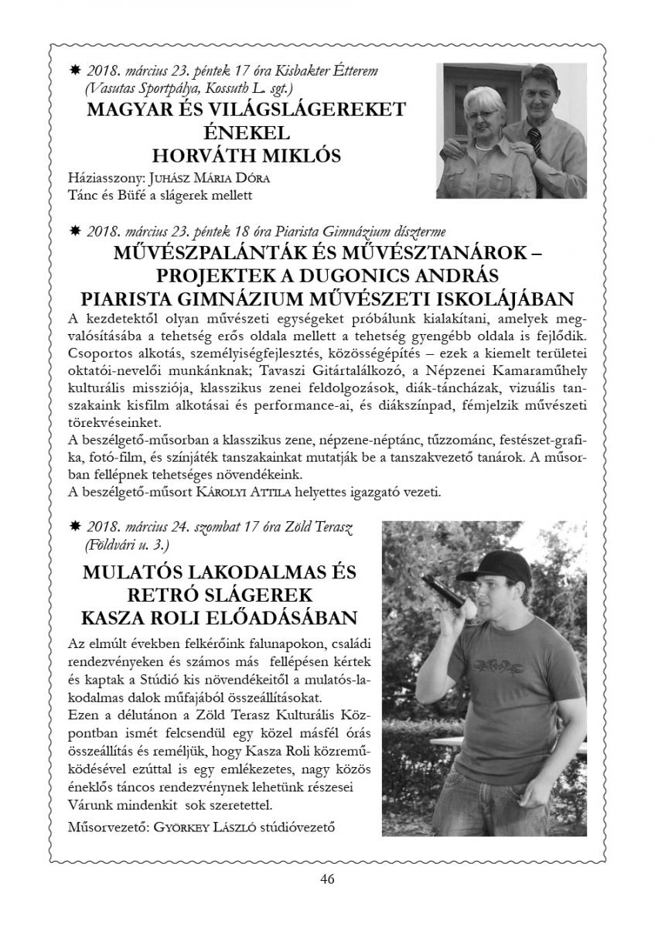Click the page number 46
coord(326,879)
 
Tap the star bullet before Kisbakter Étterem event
coord(76,71)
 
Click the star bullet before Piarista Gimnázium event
coord(76,230)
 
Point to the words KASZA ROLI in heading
coord(139,619)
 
